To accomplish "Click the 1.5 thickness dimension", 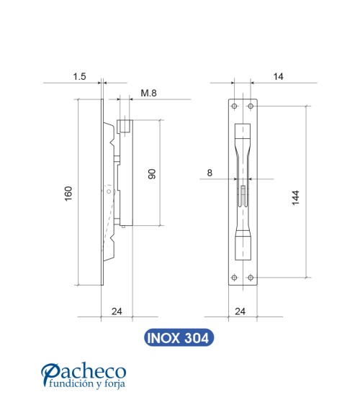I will (x=81, y=74).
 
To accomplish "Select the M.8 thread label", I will (x=149, y=93).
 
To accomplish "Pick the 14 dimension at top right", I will (x=278, y=74).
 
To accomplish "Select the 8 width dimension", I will (x=210, y=173).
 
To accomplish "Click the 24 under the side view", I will (x=117, y=311).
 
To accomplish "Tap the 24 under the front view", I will (x=242, y=311).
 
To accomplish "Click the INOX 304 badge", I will (x=179, y=337).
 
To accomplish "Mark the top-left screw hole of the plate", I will (x=233, y=106).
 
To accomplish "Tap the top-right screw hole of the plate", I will (x=251, y=106).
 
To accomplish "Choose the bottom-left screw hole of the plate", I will (x=233, y=278).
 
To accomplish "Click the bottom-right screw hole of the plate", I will (x=251, y=278).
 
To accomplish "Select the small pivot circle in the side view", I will (x=109, y=193).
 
